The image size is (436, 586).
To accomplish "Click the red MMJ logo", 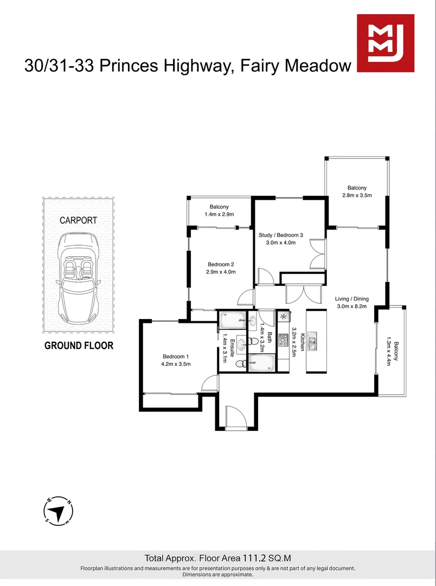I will click(x=385, y=43).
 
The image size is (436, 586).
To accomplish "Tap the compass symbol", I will click(x=59, y=511).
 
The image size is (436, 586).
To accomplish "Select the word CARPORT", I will click(x=79, y=220).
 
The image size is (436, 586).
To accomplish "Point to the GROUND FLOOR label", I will click(x=79, y=346).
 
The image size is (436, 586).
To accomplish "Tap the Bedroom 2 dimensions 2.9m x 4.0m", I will click(x=221, y=272).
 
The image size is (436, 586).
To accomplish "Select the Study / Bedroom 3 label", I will click(x=280, y=235).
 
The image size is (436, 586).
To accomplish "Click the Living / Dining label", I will click(x=352, y=298).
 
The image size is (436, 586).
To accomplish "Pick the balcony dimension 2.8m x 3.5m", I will click(x=356, y=195).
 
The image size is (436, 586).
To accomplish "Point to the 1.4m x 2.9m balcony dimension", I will click(x=219, y=215).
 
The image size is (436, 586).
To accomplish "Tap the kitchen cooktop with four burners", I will click(x=283, y=340).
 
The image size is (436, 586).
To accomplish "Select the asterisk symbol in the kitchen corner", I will click(x=283, y=317).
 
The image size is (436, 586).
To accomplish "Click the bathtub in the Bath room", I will click(x=262, y=363).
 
